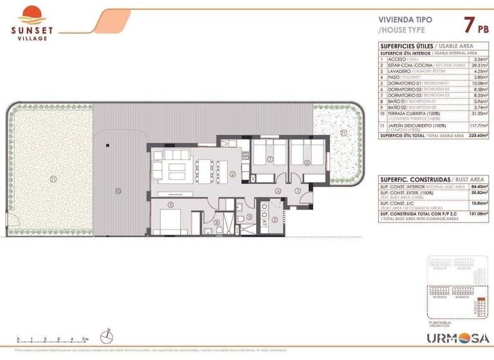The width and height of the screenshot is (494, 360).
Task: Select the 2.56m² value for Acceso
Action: pos(473,59)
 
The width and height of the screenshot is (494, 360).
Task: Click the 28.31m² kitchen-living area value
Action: pos(473,65)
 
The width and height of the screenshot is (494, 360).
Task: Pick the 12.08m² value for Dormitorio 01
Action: pos(473,83)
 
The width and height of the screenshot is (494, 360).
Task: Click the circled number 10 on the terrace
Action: pos(118,191)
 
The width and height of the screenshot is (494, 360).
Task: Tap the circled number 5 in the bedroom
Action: pos(171,205)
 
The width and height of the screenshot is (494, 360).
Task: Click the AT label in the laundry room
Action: pos(264,223)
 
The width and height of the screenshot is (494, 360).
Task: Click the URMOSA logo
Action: pos(459,338)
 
